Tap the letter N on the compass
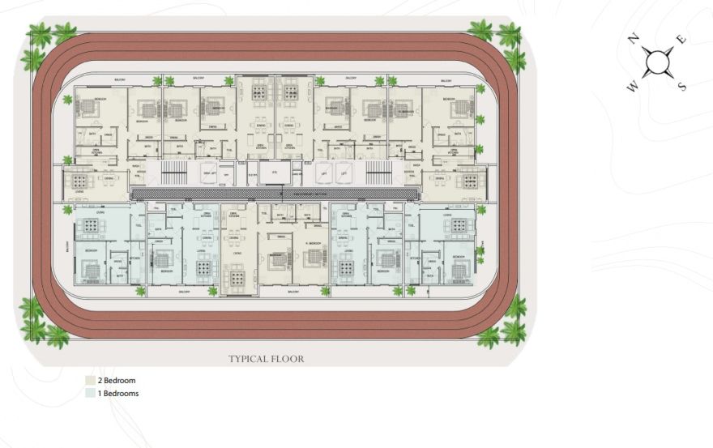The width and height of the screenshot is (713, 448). coord(635,38)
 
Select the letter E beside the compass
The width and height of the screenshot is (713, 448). coord(681,40)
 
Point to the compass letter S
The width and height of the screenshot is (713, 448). coord(681,86)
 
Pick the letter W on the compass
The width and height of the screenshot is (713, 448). coord(632,86)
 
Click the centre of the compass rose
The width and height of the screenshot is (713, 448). coord(658,62)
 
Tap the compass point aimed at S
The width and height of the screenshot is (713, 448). coord(670,75)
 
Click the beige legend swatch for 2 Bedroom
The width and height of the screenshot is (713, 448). coord(89,380)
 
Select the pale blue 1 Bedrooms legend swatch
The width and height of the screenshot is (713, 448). coord(89,394)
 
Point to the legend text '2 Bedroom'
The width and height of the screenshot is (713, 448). coord(116,380)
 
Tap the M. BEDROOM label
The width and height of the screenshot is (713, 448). coord(314,244)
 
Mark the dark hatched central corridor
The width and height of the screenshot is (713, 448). coord(275,194)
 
